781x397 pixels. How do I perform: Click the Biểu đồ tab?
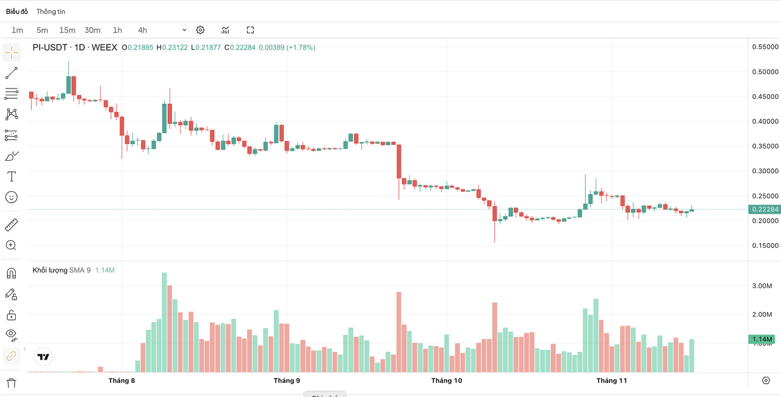click(17, 12)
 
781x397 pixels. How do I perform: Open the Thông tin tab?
click(51, 12)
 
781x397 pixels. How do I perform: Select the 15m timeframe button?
click(67, 30)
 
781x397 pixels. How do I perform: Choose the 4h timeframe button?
click(142, 30)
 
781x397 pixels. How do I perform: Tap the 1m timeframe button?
click(17, 30)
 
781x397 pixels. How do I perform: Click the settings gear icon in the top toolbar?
click(200, 30)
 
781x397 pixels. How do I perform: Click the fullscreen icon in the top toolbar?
click(250, 30)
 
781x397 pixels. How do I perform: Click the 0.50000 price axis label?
click(765, 71)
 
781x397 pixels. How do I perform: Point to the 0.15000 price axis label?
click(765, 246)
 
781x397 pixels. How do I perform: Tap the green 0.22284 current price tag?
click(765, 209)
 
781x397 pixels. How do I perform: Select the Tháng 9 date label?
click(287, 381)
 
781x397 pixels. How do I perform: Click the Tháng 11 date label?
click(611, 381)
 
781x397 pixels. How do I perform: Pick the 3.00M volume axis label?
click(761, 286)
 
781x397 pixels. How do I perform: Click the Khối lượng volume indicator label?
click(50, 270)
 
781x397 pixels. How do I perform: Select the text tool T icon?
click(11, 177)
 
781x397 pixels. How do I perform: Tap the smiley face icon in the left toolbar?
click(11, 197)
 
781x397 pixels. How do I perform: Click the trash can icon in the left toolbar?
click(11, 383)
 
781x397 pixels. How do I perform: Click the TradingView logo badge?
click(43, 357)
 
